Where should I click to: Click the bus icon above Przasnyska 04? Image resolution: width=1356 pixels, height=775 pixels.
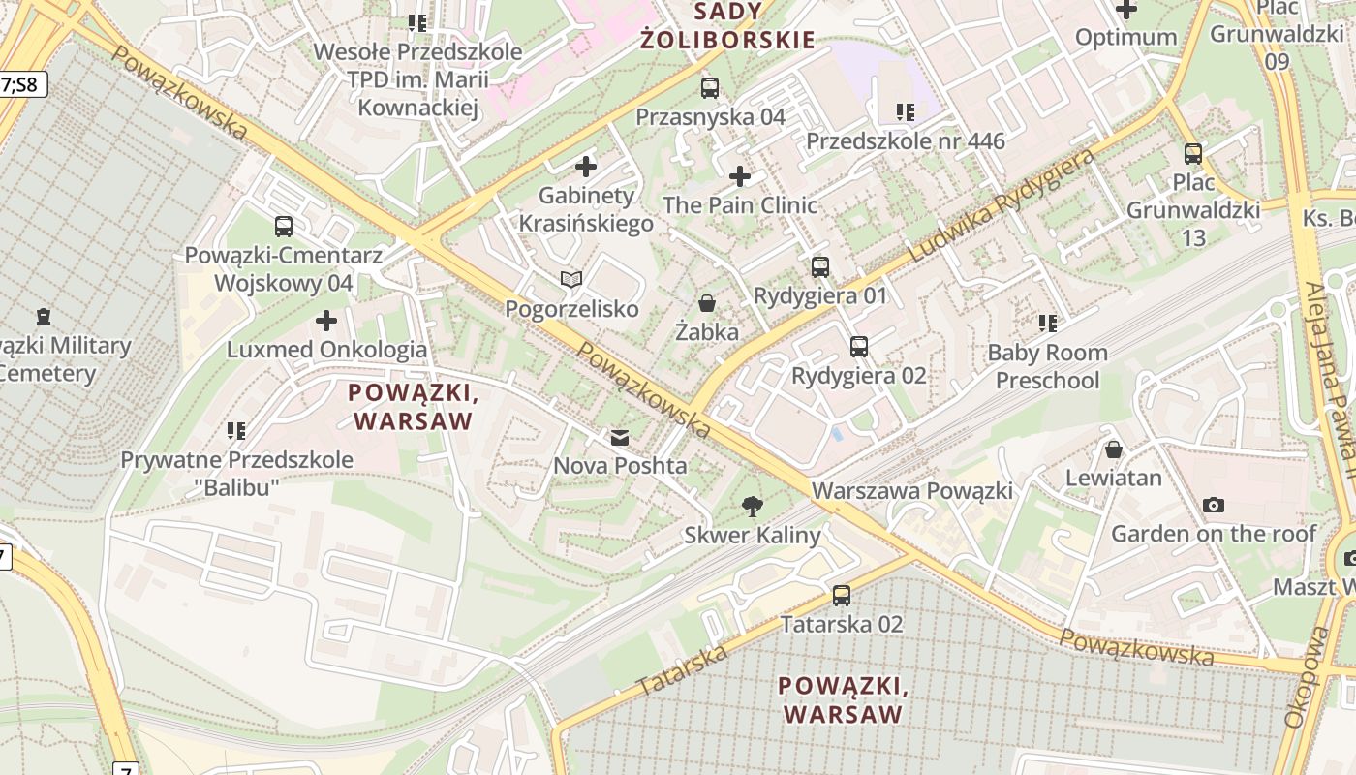[x=710, y=88]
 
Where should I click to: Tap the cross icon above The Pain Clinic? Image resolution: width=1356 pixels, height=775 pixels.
[x=740, y=176]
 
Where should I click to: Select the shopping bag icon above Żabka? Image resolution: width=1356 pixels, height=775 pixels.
[x=707, y=303]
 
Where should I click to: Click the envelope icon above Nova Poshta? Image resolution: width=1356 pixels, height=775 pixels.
[x=619, y=438]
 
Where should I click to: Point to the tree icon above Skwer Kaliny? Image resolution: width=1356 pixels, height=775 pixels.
[x=751, y=506]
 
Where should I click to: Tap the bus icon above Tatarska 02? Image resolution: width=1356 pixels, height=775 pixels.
[x=842, y=596]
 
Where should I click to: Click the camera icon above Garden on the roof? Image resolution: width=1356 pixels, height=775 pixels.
[x=1213, y=505]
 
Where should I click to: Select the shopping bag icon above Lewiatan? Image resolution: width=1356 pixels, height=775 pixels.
[x=1114, y=449]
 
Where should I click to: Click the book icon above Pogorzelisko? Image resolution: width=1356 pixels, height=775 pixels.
[x=571, y=280]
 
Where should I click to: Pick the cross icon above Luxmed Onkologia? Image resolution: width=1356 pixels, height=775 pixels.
[x=326, y=321]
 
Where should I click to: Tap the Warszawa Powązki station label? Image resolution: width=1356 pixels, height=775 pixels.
[x=912, y=490]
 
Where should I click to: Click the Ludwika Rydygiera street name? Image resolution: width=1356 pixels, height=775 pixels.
[x=1002, y=205]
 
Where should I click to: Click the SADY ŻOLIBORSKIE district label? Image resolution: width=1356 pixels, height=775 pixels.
[x=726, y=26]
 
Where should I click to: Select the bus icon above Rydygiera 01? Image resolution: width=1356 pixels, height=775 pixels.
[x=820, y=266]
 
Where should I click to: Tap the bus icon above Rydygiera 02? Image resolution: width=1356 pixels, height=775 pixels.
[x=858, y=346]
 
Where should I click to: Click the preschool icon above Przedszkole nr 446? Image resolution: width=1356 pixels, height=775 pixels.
[x=906, y=112]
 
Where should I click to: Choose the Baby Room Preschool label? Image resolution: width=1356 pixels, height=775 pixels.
[x=1047, y=366]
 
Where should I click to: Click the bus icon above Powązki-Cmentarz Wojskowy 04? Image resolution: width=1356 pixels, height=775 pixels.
[x=283, y=227]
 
